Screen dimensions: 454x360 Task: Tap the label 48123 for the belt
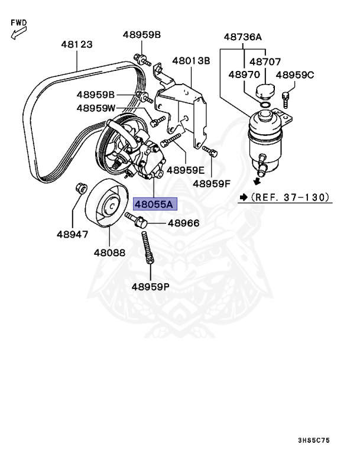(x=77, y=44)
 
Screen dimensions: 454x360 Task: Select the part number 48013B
(x=191, y=61)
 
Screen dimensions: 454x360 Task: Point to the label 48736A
(x=242, y=37)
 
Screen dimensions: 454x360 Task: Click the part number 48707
(x=264, y=61)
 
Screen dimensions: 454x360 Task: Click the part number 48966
(x=183, y=223)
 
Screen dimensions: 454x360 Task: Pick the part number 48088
(x=109, y=252)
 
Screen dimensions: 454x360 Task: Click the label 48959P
(x=150, y=287)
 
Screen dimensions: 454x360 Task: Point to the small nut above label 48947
(x=79, y=189)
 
